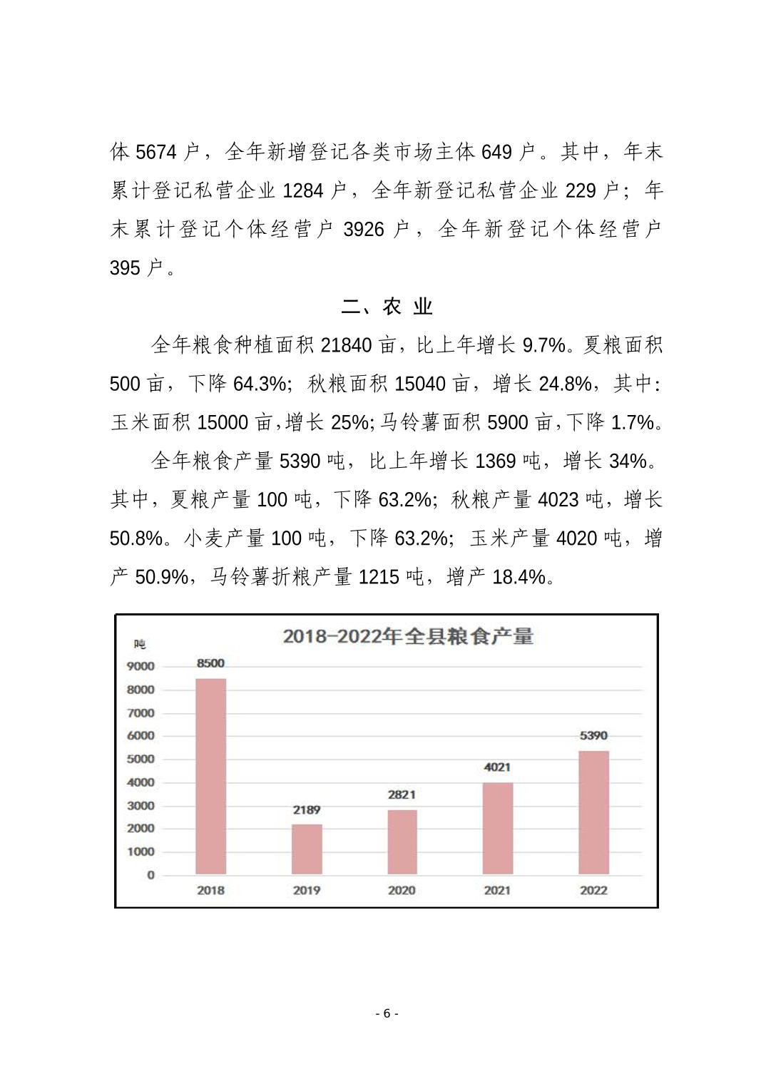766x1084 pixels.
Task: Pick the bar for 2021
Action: (497, 828)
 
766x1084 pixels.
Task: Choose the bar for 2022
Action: (593, 812)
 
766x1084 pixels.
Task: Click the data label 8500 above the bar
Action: (210, 663)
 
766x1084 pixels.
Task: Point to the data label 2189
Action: (307, 810)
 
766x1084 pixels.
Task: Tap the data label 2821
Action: (402, 794)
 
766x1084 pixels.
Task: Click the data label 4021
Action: (497, 767)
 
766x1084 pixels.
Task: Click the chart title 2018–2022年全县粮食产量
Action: (408, 636)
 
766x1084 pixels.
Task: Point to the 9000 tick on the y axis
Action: (141, 666)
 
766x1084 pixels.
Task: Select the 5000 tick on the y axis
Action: (141, 759)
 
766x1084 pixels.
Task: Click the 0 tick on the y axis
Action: (150, 875)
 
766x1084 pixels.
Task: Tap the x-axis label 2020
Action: (402, 890)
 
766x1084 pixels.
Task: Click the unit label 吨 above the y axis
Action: (140, 644)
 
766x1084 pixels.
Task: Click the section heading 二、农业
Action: (387, 307)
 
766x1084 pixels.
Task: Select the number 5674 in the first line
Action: (156, 152)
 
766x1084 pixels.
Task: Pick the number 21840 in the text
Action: (347, 345)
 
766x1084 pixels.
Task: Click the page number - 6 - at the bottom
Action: (387, 1013)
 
